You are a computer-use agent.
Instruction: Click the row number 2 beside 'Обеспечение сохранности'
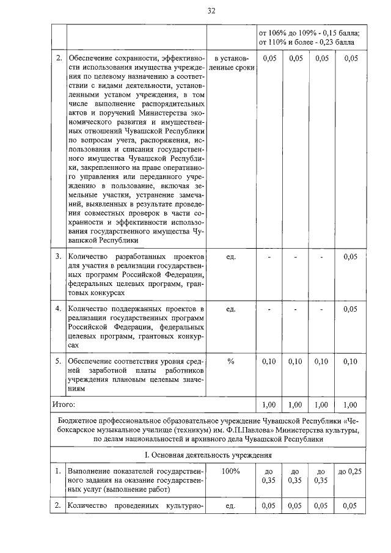pyautogui.click(x=59, y=58)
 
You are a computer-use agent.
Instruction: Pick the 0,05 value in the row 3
pyautogui.click(x=350, y=257)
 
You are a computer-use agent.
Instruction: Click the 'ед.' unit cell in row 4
pyautogui.click(x=231, y=309)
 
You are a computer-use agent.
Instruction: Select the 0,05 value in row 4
pyautogui.click(x=350, y=309)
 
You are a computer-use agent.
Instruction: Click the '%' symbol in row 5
pyautogui.click(x=231, y=361)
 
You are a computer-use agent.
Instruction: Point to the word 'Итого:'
pyautogui.click(x=64, y=404)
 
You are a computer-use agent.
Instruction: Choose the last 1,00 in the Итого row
pyautogui.click(x=350, y=404)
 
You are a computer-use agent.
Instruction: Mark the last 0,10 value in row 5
pyautogui.click(x=350, y=361)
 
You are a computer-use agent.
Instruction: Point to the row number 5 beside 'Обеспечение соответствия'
pyautogui.click(x=59, y=361)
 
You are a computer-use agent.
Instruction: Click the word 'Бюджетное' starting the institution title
pyautogui.click(x=79, y=422)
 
